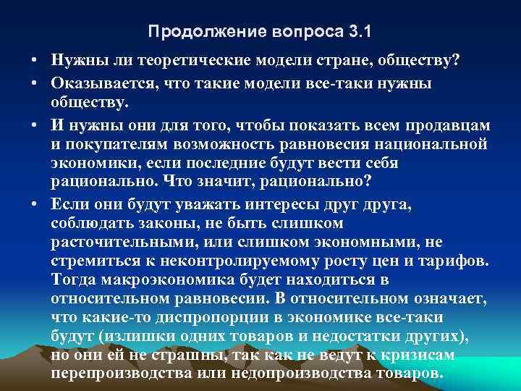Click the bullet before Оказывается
pos(35,83)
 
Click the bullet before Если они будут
pos(35,206)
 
